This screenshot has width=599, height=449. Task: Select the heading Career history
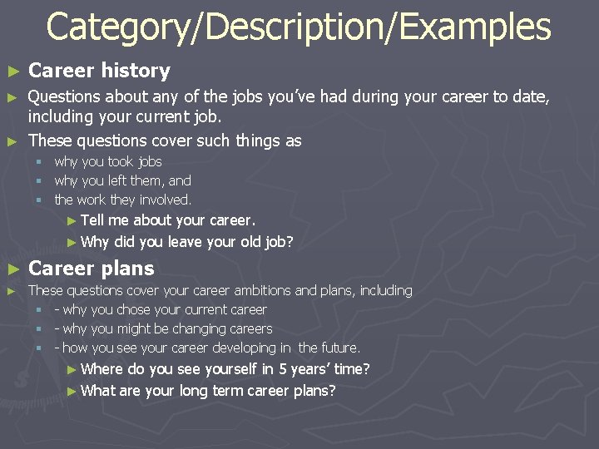99,71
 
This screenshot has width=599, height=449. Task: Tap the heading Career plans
92,269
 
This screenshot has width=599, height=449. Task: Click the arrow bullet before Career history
11,72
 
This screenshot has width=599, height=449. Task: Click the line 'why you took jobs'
107,161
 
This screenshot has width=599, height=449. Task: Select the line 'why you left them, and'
122,180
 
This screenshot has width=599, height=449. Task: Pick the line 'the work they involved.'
122,200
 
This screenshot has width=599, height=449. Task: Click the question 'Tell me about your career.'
168,220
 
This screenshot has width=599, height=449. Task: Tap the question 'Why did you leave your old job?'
187,242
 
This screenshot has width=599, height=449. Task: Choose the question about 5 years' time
225,369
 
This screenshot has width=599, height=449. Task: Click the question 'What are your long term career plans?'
208,391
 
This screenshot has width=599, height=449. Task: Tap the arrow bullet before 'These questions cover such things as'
11,141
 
